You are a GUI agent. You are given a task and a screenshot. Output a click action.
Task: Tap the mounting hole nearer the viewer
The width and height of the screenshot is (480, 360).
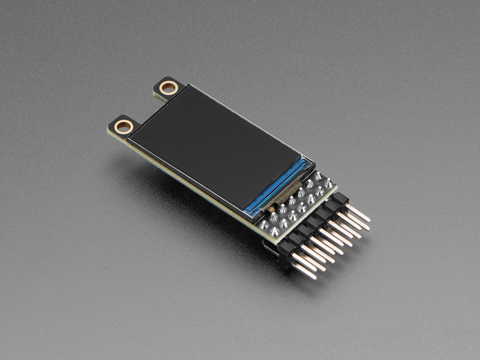(x=122, y=126)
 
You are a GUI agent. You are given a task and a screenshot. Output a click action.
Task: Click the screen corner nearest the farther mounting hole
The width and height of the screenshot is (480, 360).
(x=188, y=86)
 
